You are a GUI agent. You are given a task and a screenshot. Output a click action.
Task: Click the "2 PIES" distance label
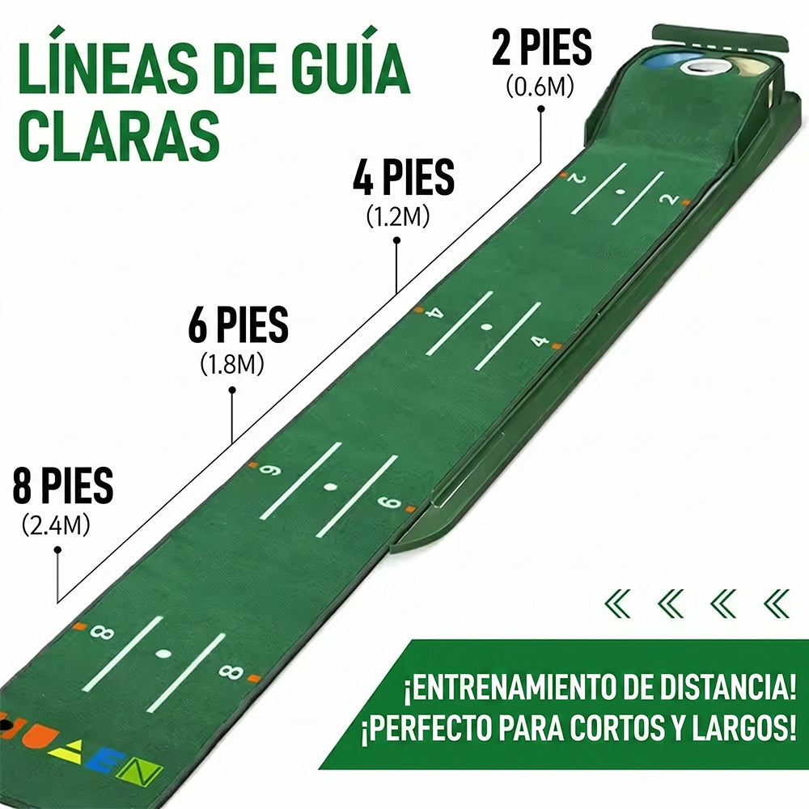(541, 47)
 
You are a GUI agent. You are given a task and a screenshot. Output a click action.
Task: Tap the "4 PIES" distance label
(404, 176)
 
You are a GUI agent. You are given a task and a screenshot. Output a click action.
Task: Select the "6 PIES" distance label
(238, 324)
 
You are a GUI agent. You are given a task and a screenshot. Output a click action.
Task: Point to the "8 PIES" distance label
(63, 485)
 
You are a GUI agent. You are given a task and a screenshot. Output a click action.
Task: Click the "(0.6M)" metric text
(540, 87)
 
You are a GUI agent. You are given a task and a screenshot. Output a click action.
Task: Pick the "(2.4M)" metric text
(56, 525)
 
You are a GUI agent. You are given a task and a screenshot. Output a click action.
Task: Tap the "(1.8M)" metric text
(231, 364)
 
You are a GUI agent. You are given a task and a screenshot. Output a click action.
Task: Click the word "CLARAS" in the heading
(119, 135)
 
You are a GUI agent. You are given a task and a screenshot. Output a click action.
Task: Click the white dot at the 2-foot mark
(621, 192)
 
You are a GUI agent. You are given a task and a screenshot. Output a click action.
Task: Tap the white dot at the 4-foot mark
(486, 327)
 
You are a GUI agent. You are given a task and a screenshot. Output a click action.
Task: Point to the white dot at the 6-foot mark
(330, 486)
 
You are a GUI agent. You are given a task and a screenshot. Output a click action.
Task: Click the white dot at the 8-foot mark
(163, 654)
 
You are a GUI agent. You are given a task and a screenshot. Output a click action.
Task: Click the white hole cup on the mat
(705, 66)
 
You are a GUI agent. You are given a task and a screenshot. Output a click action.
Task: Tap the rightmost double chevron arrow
(777, 604)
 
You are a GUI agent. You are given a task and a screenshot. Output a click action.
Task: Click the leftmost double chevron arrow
(617, 604)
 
